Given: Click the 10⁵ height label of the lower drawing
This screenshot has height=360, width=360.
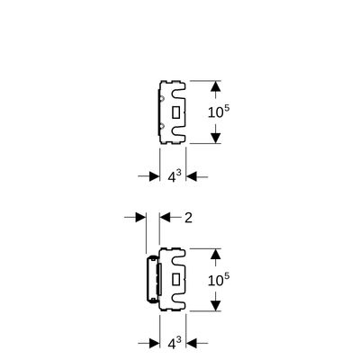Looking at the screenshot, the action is (219, 279).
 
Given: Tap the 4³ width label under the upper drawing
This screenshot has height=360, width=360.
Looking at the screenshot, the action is (175, 176).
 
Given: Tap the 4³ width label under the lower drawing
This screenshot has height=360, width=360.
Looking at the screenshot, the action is (175, 343).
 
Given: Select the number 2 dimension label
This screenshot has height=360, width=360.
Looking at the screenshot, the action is (188, 218).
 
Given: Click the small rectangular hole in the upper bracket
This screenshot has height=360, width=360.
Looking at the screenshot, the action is (175, 112).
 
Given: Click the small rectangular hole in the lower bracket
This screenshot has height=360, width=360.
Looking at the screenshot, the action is (175, 280).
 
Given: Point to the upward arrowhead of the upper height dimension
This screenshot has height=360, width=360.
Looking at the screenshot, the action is (215, 86).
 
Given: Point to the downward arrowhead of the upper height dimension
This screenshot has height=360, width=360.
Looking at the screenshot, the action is (215, 138).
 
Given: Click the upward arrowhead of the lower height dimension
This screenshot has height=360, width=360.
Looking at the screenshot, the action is (215, 254).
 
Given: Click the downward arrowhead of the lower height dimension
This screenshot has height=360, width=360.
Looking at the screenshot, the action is (215, 306).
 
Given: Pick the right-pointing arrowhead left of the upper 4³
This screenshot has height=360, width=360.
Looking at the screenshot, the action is (155, 176).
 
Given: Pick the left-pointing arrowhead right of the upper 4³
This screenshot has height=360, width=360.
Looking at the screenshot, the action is (192, 176).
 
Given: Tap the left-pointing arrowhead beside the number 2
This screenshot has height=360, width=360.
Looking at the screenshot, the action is (165, 217).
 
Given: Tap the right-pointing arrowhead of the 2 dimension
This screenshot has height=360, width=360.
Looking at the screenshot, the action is (140, 217).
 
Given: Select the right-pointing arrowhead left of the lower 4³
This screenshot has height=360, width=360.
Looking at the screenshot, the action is (155, 343).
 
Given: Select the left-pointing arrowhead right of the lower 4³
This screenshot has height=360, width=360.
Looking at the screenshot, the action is (192, 343).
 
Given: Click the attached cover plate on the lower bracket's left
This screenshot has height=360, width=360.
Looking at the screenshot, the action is (153, 279).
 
